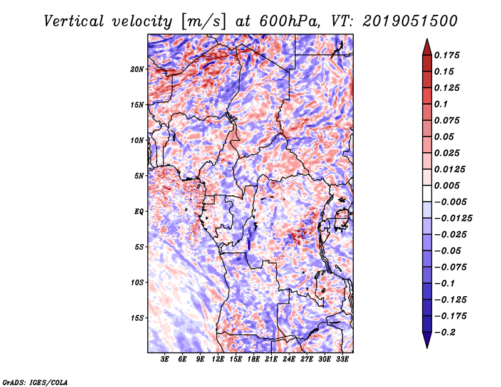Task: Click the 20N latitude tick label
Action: pos(137,69)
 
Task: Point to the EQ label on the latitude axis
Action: pos(139,212)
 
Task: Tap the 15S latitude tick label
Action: pos(137,318)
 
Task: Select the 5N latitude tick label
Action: pos(139,176)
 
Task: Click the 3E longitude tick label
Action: pos(165,359)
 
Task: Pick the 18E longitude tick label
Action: pos(254,359)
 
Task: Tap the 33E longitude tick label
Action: pos(342,359)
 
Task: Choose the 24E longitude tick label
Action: pos(289,359)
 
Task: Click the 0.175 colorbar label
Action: pos(447,55)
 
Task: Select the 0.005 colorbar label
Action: pos(447,186)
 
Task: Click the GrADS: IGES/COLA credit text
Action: pos(35,381)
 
